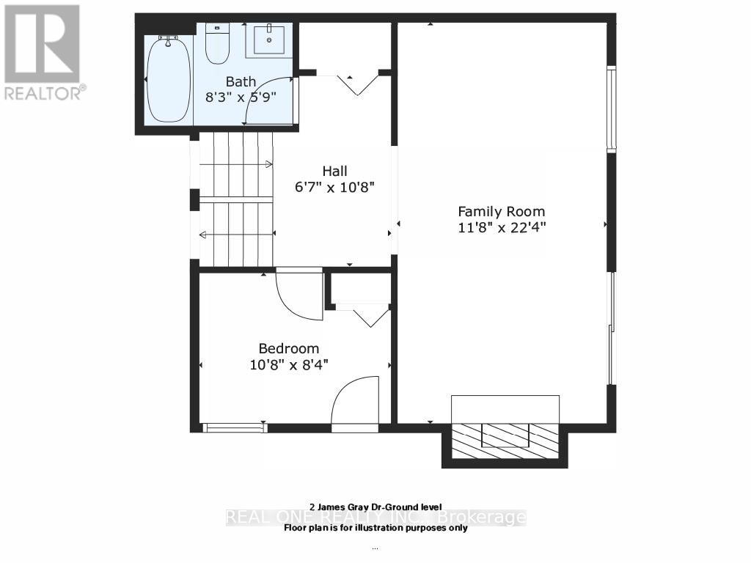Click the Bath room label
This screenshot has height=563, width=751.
[241, 81]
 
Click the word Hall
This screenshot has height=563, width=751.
[334, 171]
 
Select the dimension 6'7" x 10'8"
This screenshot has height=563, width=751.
[334, 187]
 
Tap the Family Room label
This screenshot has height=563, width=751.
[502, 211]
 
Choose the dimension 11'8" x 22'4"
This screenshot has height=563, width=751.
[502, 227]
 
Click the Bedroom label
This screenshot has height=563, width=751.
[288, 348]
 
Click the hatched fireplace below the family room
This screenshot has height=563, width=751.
[505, 440]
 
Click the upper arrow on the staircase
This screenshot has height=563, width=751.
[235, 164]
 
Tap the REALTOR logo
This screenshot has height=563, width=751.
[43, 52]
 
